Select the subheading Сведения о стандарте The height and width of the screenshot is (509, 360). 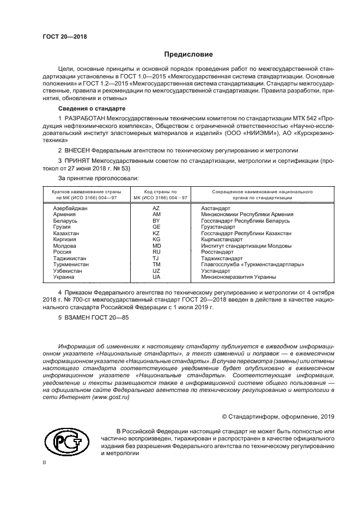coord(89,109)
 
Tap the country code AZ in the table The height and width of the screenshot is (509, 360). coord(156,208)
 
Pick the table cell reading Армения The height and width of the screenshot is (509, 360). coord(65,214)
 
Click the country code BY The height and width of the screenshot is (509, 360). coord(156,221)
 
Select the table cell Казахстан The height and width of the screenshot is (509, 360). coord(66,233)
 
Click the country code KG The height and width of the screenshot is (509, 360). coord(156,240)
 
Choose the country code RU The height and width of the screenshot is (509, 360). coord(156,252)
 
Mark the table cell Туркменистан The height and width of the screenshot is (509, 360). coord(71,264)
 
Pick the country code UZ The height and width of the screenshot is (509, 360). coord(156,271)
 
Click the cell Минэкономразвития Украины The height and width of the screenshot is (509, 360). coord(239,277)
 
